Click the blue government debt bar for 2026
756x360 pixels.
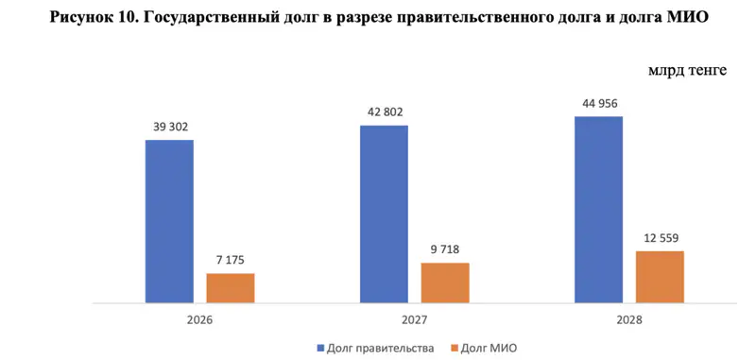tap(169, 221)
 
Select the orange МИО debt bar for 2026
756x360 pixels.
tap(231, 288)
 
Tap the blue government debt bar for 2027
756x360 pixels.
tap(384, 214)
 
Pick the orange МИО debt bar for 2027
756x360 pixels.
tap(445, 283)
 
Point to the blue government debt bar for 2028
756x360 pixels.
tap(598, 210)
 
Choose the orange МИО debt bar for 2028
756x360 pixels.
tap(660, 277)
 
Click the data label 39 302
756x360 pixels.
tap(169, 127)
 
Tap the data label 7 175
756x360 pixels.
tap(231, 259)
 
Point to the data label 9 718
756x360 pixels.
tap(445, 249)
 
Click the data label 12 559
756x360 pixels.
tap(660, 237)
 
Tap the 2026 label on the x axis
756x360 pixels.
tap(199, 320)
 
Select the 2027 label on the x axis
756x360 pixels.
tap(414, 320)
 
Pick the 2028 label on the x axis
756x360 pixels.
tap(628, 320)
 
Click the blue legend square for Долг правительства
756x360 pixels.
tap(318, 349)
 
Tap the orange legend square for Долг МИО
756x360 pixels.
tap(455, 349)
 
